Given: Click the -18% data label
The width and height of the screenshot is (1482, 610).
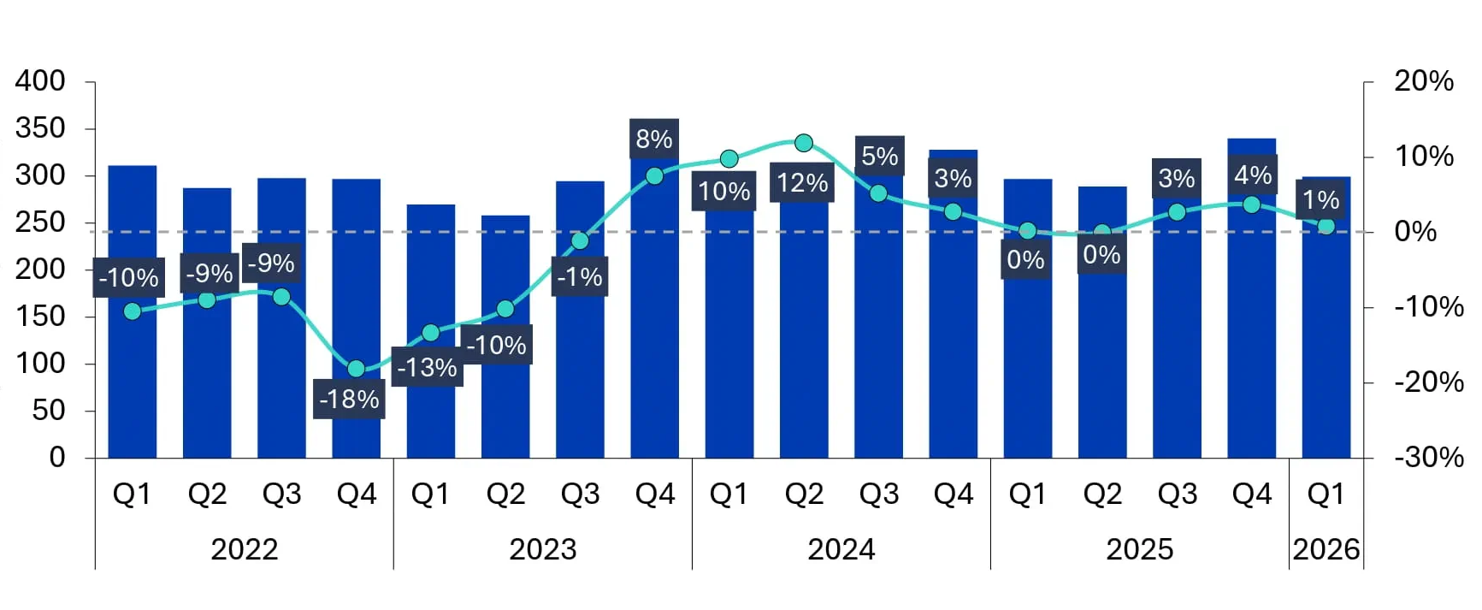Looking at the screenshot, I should coord(349,399).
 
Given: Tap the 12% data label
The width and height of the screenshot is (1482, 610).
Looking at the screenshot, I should coord(801,182).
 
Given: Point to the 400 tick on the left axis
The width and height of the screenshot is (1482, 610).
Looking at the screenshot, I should coord(40,81).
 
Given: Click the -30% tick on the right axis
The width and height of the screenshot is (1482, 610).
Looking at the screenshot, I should coord(1428,457).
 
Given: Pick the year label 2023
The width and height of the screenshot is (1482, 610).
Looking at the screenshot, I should coord(543,548).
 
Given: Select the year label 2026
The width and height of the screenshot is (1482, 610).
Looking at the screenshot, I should coord(1326,548).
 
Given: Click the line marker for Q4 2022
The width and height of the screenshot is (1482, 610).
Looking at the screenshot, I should coord(357,369).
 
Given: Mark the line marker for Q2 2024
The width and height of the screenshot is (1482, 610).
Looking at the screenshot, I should coord(804,143).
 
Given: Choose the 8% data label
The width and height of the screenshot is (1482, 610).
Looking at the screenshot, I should coord(654,139).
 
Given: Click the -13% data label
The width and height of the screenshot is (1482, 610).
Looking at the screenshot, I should coord(427,367).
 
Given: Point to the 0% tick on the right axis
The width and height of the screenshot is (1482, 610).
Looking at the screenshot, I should coord(1415,231).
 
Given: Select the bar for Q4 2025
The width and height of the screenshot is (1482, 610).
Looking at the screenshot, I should coord(1251,342).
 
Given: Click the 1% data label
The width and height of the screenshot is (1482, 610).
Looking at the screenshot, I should coord(1320,199).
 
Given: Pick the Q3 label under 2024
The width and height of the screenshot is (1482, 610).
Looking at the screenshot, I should coord(879,494).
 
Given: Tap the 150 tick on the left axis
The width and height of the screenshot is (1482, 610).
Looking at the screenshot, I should coord(40,316).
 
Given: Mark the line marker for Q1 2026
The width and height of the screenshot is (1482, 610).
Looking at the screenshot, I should coord(1326,226).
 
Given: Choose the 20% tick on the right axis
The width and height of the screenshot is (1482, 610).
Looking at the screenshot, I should coord(1423,81).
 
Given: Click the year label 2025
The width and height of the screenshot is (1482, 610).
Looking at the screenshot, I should coord(1139,548).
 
